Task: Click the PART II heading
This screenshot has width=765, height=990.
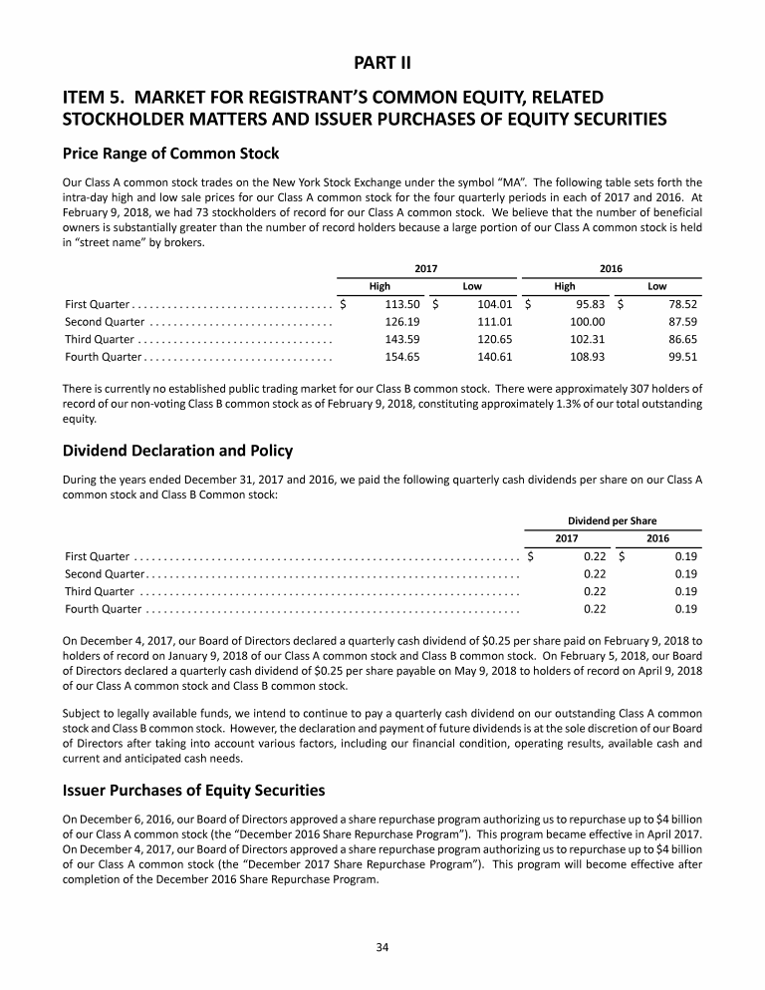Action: click(382, 63)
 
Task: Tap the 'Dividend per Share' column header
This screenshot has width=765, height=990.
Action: click(612, 520)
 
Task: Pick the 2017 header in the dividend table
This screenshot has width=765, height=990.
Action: click(567, 538)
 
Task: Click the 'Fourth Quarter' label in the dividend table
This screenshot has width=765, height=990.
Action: click(103, 608)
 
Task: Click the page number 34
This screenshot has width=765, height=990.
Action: click(382, 947)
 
